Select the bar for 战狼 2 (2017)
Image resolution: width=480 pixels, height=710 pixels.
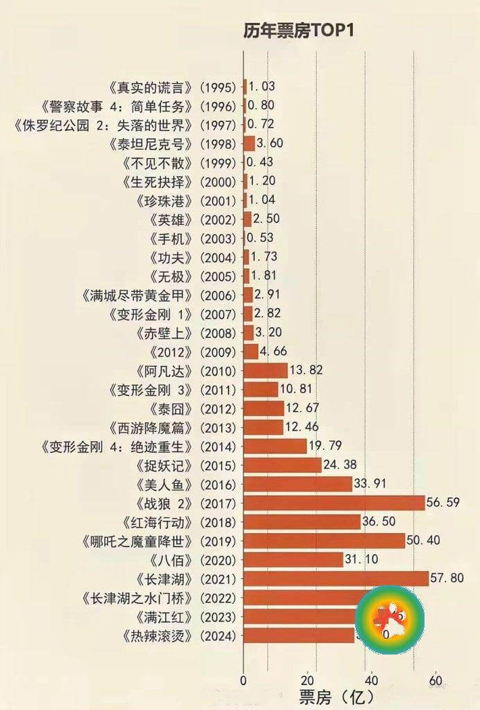334,503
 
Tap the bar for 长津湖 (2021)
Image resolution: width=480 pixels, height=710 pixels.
336,578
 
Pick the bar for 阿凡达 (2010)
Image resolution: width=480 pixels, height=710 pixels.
265,370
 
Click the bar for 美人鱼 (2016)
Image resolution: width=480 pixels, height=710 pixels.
298,484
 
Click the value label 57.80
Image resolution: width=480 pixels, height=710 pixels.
447,578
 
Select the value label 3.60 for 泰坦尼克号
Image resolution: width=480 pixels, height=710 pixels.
270,144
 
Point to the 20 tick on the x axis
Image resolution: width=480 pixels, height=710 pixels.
307,680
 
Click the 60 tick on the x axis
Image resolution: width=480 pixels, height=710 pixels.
435,680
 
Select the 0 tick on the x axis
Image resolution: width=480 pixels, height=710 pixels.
243,680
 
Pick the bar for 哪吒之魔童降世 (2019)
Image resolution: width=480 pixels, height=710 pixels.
324,541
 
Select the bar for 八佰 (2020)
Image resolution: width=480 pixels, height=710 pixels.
293,560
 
